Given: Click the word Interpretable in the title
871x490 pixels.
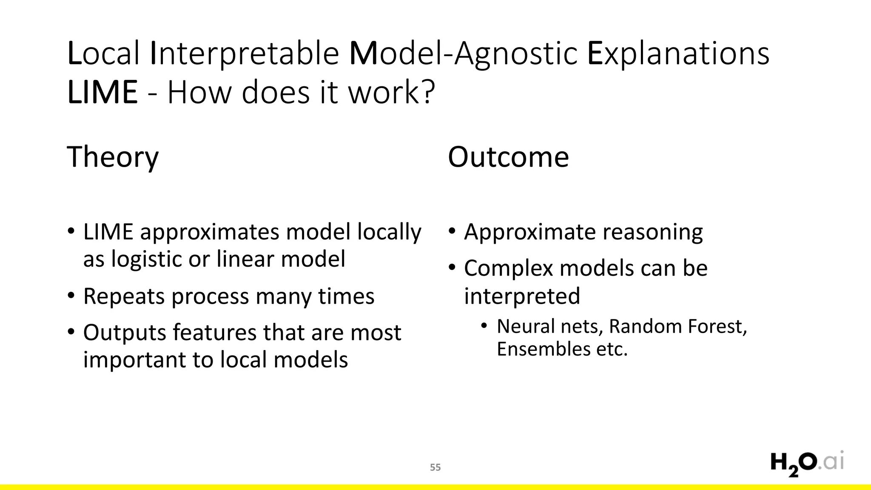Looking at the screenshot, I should [x=245, y=54].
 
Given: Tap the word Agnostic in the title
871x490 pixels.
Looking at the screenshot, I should [x=515, y=54].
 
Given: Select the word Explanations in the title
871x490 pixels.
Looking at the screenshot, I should [x=678, y=54].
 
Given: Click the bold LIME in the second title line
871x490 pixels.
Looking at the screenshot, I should [x=102, y=92].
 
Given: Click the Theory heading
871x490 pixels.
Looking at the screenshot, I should [x=113, y=157].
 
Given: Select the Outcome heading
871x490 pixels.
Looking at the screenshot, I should [x=508, y=157].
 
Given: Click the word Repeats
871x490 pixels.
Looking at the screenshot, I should [x=124, y=296].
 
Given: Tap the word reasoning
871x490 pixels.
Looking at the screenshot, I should [x=652, y=232].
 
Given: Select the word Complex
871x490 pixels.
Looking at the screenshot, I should [x=508, y=269].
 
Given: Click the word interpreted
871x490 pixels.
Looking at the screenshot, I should [x=522, y=296].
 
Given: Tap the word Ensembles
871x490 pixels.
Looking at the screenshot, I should [x=543, y=349].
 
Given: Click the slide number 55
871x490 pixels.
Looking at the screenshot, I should [x=435, y=467].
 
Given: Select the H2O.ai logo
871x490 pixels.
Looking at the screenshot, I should [x=806, y=464].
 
